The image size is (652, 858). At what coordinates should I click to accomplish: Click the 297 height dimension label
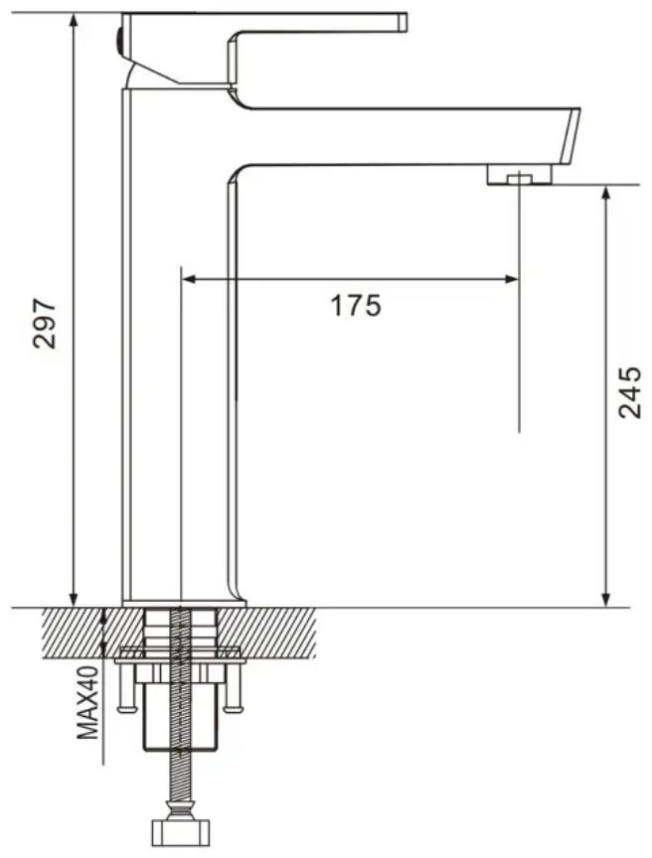(45, 323)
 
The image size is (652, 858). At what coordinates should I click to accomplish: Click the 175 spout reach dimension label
(355, 305)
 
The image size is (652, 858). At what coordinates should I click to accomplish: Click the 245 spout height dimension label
(629, 392)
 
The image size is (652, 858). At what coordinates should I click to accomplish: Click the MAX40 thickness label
(87, 702)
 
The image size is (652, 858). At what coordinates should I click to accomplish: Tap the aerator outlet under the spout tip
(519, 175)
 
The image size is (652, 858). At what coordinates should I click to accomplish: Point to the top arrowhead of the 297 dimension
(74, 21)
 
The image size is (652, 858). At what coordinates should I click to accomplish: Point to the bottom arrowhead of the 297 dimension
(74, 598)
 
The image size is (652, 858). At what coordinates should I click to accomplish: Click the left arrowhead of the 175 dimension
(190, 280)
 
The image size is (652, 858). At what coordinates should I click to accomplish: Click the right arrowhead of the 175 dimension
(510, 280)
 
